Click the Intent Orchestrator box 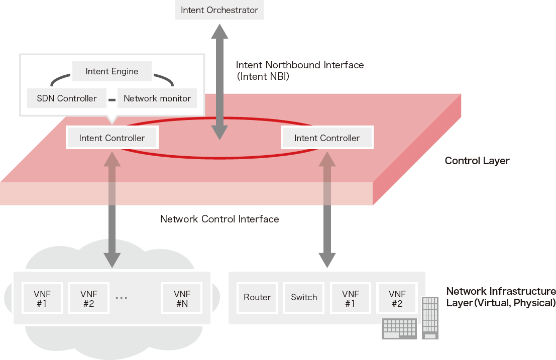pos(219,10)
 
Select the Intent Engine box pos(112,71)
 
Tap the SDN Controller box pos(67,98)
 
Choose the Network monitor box pos(157,98)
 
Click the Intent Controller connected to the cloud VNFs pos(112,138)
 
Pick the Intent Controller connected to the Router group pos(327,138)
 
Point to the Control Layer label pos(477,161)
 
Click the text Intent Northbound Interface pos(300,65)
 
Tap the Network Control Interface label pos(219,219)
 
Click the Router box pos(257,297)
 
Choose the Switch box pos(304,297)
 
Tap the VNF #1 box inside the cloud pos(42,298)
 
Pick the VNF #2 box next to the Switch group pos(397,298)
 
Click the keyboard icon pos(400,328)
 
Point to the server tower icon pos(430,317)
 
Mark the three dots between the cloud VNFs pos(122,298)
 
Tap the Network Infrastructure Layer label pos(501,297)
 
